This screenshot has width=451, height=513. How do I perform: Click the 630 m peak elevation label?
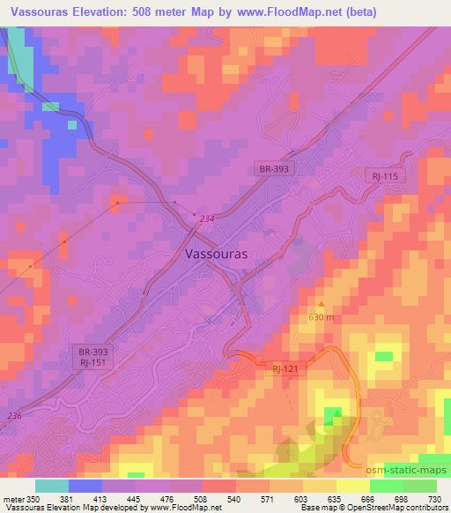(x=322, y=317)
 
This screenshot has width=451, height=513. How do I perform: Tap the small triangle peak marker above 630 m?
(x=322, y=305)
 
